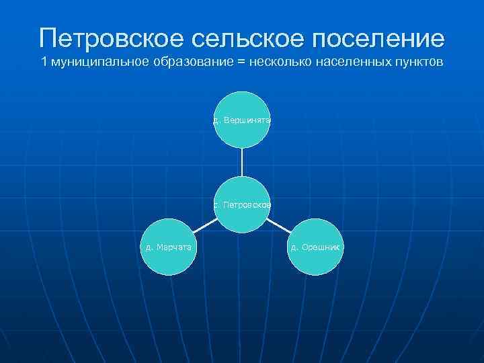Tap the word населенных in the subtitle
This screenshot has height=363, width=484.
click(351, 64)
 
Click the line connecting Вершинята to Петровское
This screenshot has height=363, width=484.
click(242, 163)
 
